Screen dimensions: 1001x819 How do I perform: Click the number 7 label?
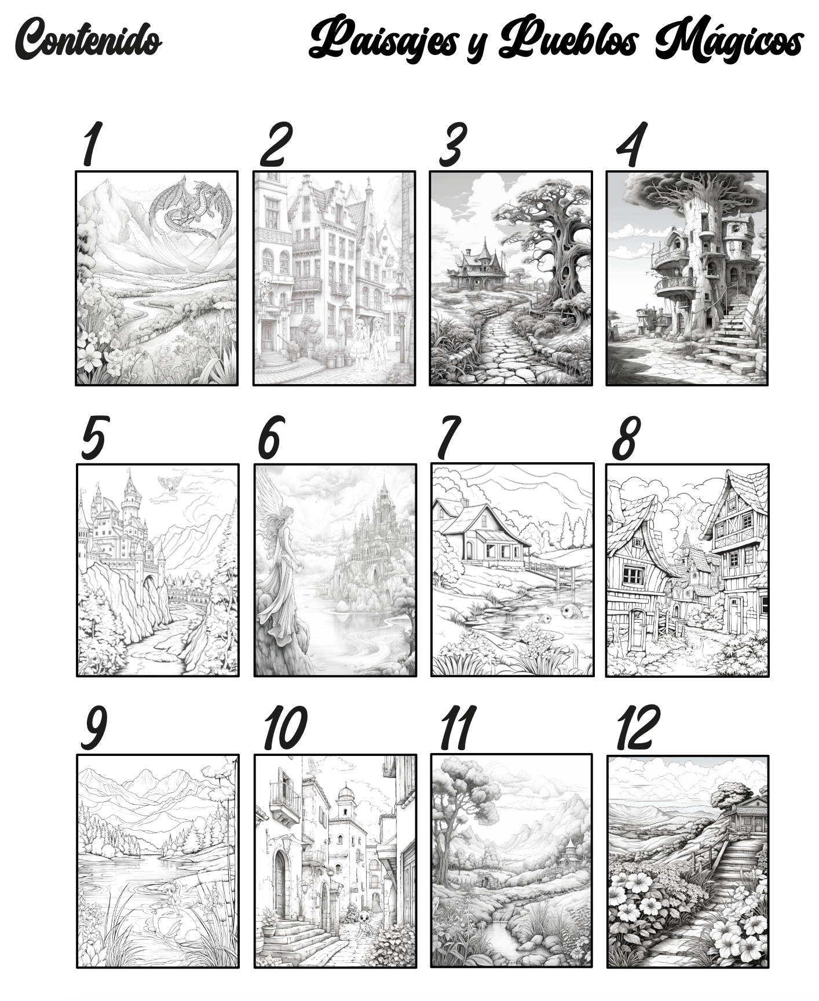pyautogui.click(x=448, y=437)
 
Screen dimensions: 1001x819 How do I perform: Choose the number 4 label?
pyautogui.click(x=631, y=145)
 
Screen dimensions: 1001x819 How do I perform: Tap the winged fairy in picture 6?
pyautogui.click(x=281, y=556)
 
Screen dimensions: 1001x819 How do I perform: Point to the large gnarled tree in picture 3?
pyautogui.click(x=556, y=249)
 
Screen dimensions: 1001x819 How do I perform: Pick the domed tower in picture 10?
pyautogui.click(x=346, y=802)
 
